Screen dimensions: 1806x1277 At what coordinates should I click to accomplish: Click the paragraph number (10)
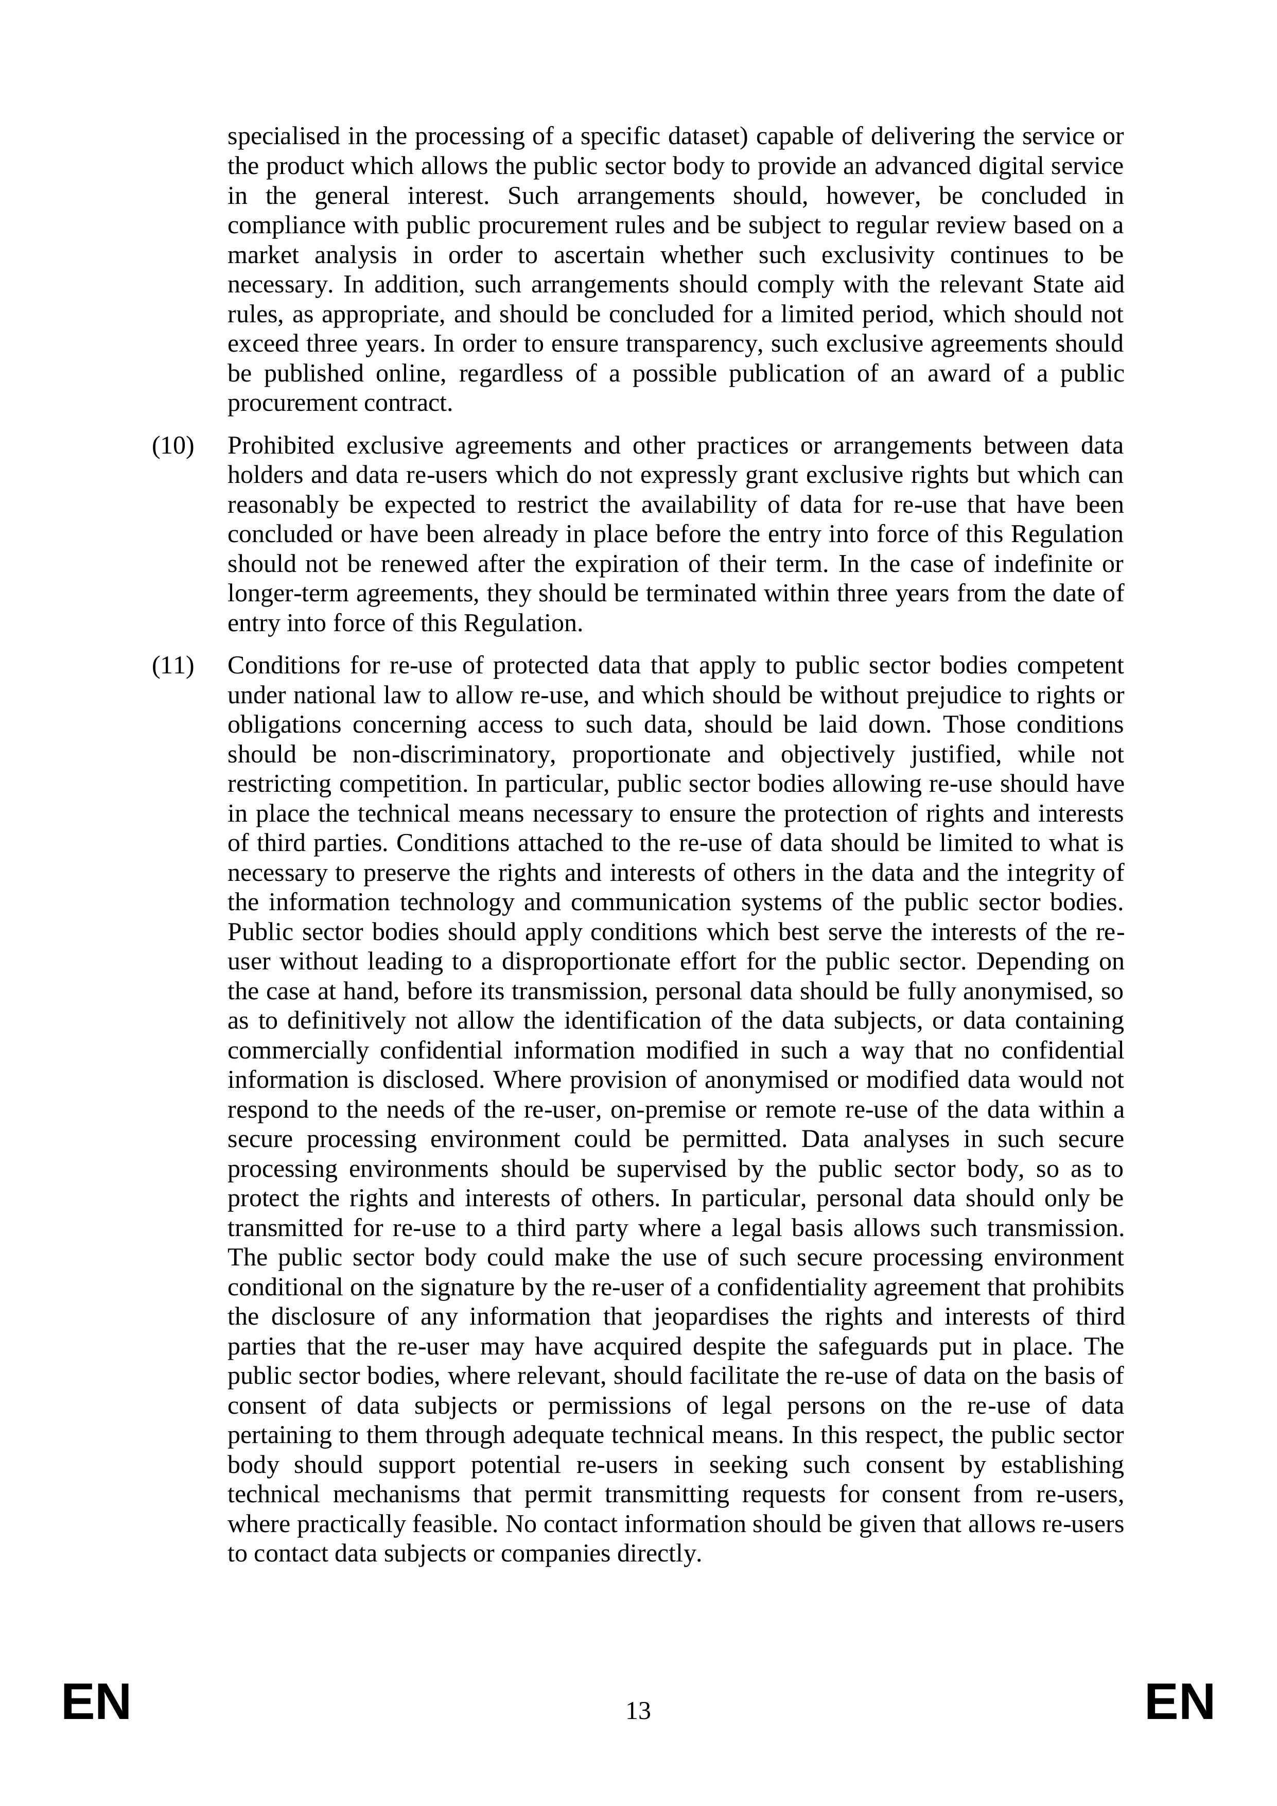tap(172, 446)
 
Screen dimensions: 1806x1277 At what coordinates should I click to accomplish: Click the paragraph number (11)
tap(172, 666)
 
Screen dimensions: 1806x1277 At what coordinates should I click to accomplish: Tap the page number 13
tap(638, 1711)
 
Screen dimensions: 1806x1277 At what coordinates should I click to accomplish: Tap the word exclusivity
tap(876, 255)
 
